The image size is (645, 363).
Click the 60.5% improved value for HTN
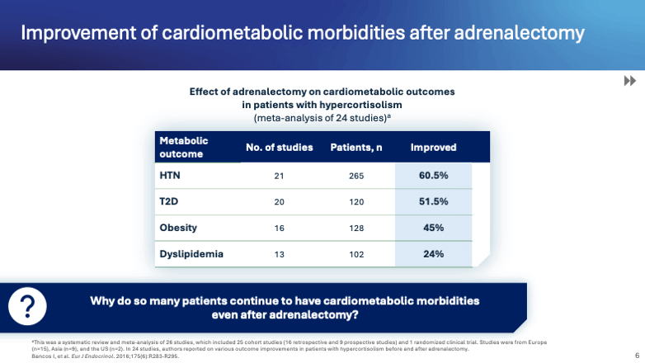click(433, 176)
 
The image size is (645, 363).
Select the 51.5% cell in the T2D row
click(433, 201)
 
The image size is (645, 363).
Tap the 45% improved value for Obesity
click(433, 227)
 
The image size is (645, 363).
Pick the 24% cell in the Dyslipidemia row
click(433, 253)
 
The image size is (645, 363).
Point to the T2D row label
click(169, 201)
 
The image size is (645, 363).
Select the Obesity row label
click(178, 227)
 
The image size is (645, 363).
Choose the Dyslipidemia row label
click(191, 253)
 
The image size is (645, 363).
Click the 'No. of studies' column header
click(280, 148)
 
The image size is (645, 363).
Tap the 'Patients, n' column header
click(358, 148)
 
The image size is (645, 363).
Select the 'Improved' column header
click(433, 148)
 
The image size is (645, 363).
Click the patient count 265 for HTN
click(358, 176)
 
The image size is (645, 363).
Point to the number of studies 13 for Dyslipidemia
click(280, 253)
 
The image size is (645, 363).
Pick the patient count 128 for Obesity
click(358, 227)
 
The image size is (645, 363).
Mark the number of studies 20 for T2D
click(280, 201)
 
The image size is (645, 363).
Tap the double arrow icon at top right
click(629, 81)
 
